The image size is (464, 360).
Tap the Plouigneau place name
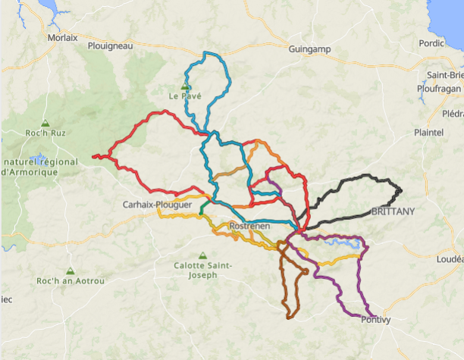[x=110, y=45]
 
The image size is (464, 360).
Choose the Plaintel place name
[x=428, y=132]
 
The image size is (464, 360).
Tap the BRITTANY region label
[x=393, y=211]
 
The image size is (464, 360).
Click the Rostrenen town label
[x=250, y=227]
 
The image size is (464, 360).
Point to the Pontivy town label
[x=376, y=319]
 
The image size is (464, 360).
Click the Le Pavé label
[x=184, y=97]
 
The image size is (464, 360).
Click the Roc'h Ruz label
[x=45, y=133]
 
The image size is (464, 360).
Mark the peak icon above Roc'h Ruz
[x=45, y=123]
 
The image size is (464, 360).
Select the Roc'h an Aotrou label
[x=70, y=281]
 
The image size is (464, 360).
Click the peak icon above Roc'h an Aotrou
[x=70, y=271]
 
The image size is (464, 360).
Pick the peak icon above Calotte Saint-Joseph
[x=202, y=255]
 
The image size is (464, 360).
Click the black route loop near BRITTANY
[x=356, y=180]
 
